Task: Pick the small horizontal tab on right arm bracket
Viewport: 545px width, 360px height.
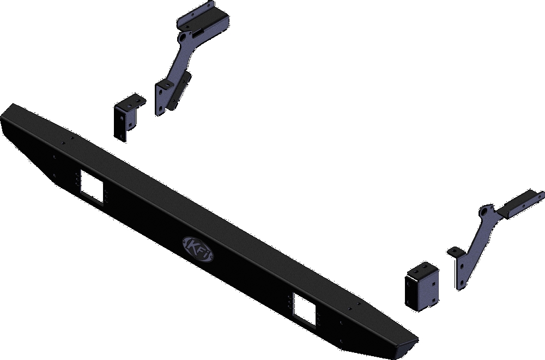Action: (x=455, y=252)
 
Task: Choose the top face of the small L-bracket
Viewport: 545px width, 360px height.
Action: (x=131, y=101)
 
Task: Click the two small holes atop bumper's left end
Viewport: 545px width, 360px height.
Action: (x=67, y=142)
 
